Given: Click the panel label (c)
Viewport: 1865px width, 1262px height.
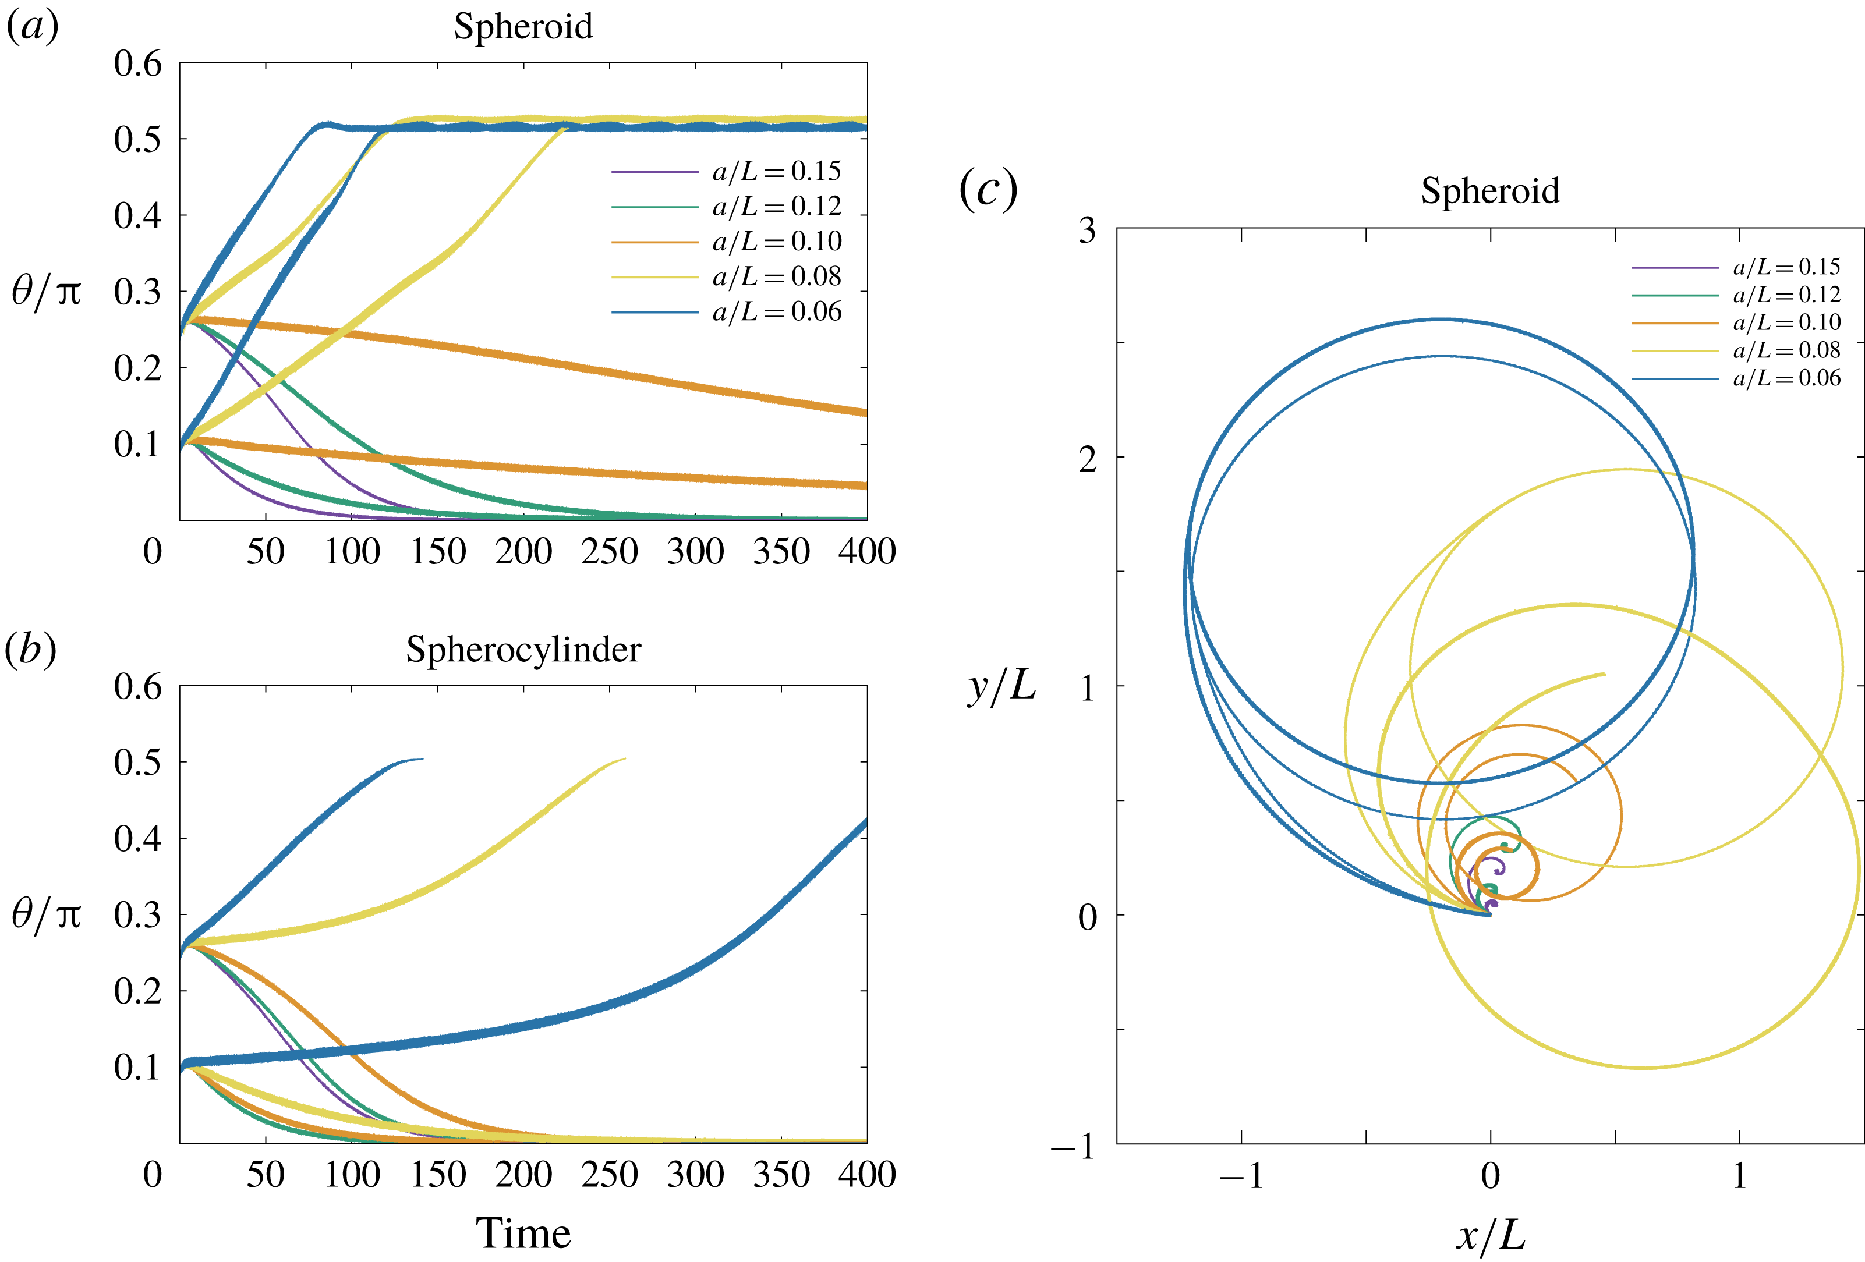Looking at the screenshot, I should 988,190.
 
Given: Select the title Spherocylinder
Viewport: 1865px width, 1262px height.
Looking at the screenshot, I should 523,649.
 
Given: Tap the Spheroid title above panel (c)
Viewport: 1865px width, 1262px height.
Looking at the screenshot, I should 1489,191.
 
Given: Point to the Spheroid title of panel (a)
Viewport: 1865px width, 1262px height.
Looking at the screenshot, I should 523,26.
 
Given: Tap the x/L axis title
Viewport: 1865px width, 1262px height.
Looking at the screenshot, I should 1490,1236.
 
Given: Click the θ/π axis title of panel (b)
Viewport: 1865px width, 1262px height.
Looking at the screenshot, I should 47,914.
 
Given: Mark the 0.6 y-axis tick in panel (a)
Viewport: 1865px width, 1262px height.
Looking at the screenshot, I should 137,63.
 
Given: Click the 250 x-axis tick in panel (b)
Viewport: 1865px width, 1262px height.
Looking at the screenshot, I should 609,1175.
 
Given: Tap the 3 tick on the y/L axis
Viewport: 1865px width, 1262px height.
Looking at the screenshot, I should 1087,231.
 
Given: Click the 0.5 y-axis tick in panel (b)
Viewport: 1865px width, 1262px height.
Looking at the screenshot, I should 137,762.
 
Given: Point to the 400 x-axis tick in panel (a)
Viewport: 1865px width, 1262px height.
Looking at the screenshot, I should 866,552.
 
